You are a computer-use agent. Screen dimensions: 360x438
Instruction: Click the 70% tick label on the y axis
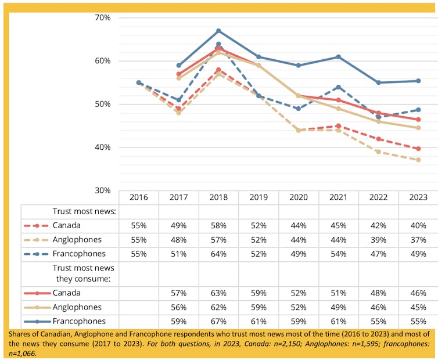coord(102,17)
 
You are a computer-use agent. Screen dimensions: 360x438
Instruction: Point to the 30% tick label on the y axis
coord(102,190)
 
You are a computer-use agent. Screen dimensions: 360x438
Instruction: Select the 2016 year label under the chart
coord(139,197)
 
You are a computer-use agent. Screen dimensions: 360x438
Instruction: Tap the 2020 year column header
coord(298,197)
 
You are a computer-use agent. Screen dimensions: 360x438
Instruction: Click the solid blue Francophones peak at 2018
coord(218,30)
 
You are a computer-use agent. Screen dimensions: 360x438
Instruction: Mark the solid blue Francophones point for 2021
coord(338,57)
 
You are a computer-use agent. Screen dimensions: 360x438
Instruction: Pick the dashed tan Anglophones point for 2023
coord(418,160)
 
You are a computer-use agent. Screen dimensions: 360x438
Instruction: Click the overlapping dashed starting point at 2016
coord(139,82)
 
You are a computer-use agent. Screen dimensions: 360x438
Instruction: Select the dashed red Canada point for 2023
coord(418,149)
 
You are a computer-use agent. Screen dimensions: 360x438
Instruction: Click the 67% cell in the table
coord(218,321)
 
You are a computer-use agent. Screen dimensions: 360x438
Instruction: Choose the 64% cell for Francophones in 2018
coord(218,254)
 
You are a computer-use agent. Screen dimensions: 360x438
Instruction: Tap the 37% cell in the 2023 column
coord(418,240)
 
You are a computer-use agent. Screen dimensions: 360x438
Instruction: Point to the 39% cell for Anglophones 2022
coord(378,240)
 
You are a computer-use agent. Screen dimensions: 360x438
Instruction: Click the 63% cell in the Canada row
coord(218,293)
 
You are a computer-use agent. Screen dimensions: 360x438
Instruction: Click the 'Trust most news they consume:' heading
coord(84,273)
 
